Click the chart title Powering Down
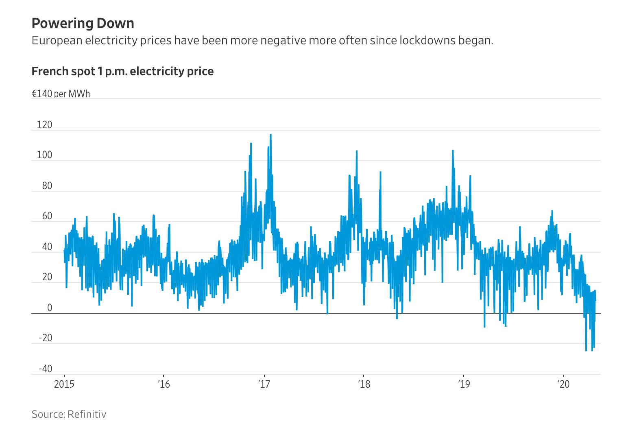[x=83, y=24]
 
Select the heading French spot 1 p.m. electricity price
[x=122, y=72]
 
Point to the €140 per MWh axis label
[x=61, y=94]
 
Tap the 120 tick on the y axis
[x=45, y=125]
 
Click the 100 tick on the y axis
[x=45, y=155]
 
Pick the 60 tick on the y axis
[x=47, y=216]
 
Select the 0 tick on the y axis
[x=50, y=308]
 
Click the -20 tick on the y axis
[x=46, y=338]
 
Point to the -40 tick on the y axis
[x=46, y=369]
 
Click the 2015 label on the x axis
[x=64, y=384]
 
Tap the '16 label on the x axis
[x=164, y=384]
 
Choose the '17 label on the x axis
[x=264, y=384]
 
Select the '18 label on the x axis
[x=364, y=384]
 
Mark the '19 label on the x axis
[x=464, y=384]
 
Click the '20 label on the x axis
[x=564, y=384]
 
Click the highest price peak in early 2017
[x=270, y=135]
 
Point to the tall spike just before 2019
[x=452, y=151]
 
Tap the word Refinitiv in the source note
[x=87, y=414]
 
